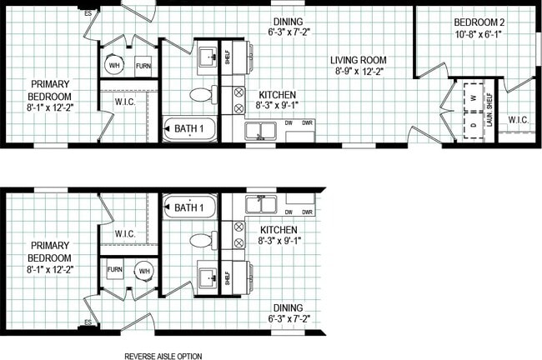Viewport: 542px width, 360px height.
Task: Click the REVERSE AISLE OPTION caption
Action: point(163,356)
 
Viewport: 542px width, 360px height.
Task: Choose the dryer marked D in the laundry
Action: point(473,124)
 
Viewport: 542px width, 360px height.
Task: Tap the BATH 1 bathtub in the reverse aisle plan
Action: point(190,207)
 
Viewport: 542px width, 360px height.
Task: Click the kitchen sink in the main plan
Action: point(261,131)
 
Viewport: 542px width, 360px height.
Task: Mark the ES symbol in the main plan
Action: point(88,12)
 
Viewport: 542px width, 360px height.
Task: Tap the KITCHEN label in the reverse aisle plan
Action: point(279,228)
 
